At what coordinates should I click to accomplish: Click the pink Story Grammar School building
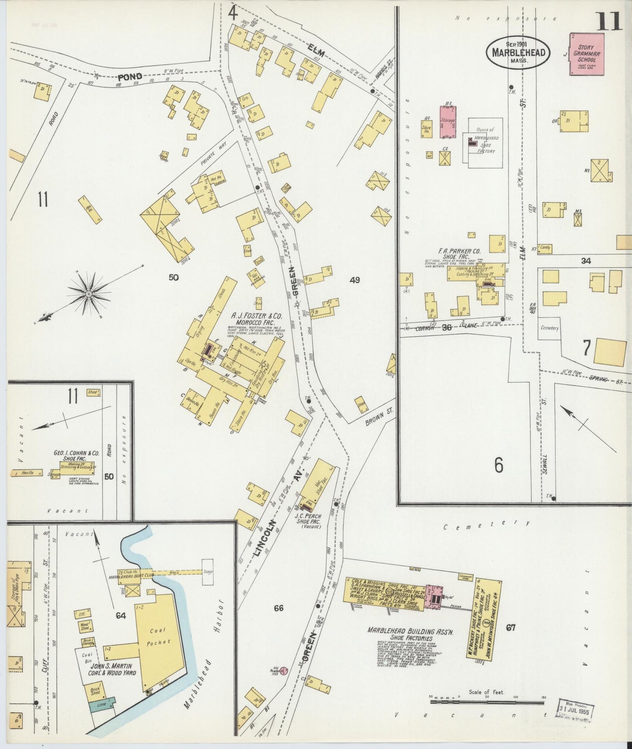pyautogui.click(x=587, y=54)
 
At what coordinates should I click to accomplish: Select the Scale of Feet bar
pyautogui.click(x=487, y=702)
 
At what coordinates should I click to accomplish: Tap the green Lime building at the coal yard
pyautogui.click(x=102, y=704)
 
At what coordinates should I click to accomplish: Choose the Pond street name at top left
pyautogui.click(x=130, y=77)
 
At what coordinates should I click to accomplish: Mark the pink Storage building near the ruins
pyautogui.click(x=447, y=121)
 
